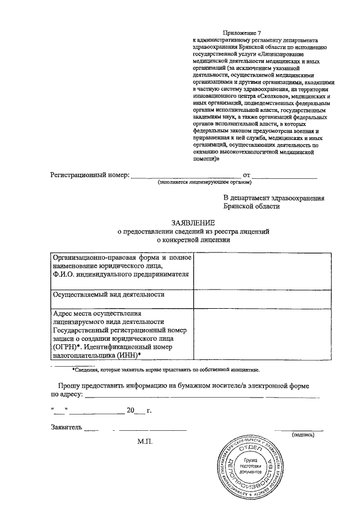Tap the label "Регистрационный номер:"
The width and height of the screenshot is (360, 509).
pyautogui.click(x=90, y=175)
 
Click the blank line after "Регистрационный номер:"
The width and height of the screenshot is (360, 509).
pyautogui.click(x=186, y=177)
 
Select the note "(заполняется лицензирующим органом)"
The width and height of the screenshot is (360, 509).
pyautogui.click(x=205, y=183)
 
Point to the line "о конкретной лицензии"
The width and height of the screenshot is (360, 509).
pyautogui.click(x=178, y=239)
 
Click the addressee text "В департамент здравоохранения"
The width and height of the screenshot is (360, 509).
pyautogui.click(x=273, y=198)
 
